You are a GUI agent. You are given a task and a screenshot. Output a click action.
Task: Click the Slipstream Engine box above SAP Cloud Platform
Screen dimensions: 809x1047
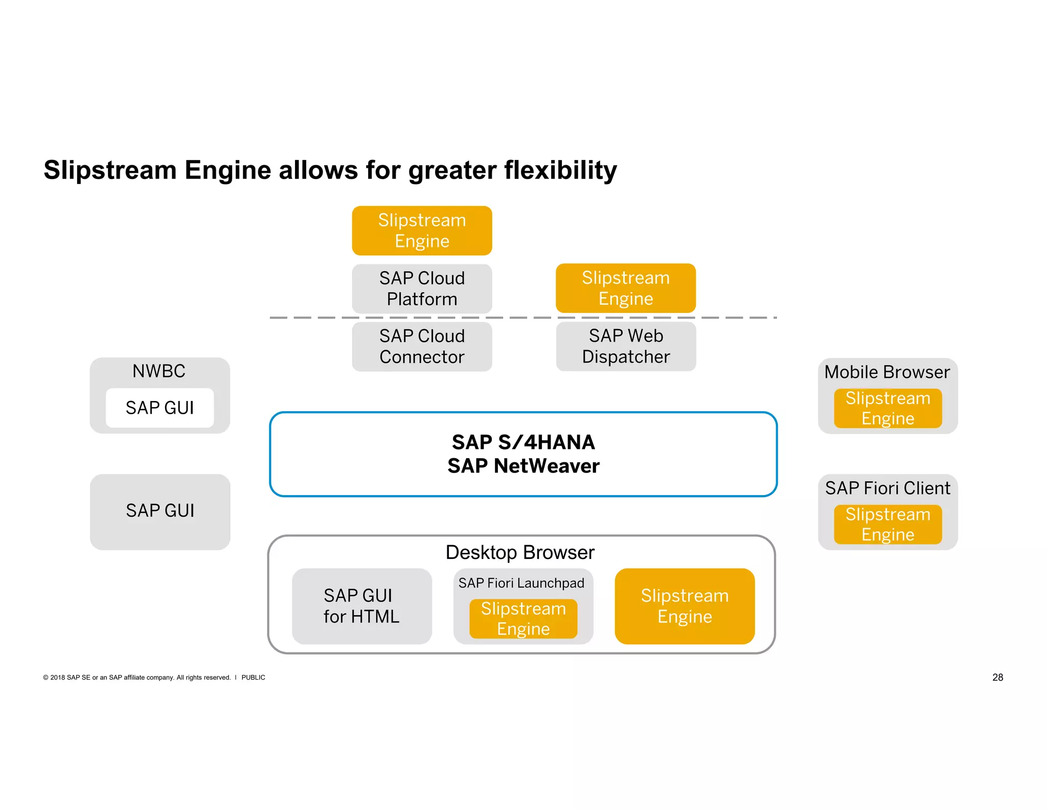tap(422, 231)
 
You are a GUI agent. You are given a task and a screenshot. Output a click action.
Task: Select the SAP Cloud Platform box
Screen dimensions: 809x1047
tap(422, 288)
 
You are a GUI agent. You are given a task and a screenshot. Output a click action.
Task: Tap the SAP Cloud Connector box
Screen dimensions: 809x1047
tap(422, 346)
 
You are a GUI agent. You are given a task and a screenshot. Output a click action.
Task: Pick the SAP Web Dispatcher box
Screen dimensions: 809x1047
tap(626, 346)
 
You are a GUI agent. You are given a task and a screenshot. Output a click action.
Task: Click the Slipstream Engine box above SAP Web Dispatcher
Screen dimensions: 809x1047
tap(626, 288)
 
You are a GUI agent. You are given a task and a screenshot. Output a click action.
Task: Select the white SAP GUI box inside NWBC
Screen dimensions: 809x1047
tap(160, 408)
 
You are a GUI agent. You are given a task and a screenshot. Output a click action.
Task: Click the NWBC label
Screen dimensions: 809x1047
tap(159, 371)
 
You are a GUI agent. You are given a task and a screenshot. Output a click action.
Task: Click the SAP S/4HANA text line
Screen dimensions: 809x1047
tap(523, 442)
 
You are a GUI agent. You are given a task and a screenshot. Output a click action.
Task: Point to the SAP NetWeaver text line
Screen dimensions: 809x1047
tap(523, 466)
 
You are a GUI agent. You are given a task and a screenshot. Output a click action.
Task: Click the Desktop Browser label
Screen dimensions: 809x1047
tap(520, 552)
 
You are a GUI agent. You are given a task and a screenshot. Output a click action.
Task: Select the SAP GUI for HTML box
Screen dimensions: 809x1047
tap(361, 606)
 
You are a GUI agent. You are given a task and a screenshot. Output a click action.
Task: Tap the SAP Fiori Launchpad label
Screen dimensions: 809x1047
tap(521, 583)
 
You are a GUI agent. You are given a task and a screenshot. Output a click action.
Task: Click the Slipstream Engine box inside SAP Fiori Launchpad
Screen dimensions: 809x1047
tap(523, 619)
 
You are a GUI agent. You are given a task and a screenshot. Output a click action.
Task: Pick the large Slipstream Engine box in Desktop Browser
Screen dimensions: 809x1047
tap(685, 606)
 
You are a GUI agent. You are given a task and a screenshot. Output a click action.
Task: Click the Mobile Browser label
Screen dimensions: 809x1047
tap(887, 372)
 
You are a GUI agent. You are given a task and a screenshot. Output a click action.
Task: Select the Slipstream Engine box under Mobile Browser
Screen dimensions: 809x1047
tap(887, 408)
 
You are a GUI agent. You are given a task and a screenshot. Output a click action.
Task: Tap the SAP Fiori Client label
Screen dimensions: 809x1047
tap(887, 488)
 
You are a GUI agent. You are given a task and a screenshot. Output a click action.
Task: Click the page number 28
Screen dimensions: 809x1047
tap(997, 677)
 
